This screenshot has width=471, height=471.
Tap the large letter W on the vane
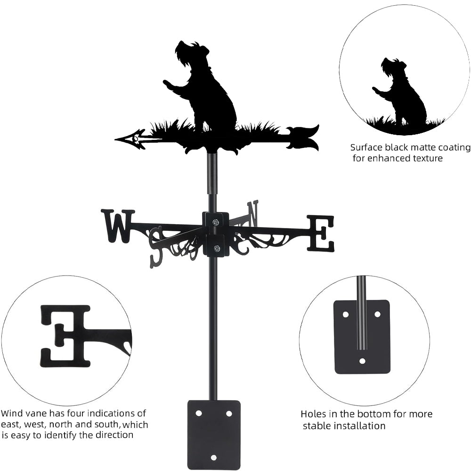click(x=117, y=226)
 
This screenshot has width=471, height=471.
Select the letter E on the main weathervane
click(x=321, y=233)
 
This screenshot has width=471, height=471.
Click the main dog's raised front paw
click(x=167, y=84)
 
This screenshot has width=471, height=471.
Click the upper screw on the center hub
click(x=215, y=222)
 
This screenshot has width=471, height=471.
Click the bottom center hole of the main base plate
click(x=213, y=457)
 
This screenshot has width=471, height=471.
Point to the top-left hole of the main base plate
click(x=199, y=413)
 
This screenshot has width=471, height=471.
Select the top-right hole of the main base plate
click(x=229, y=413)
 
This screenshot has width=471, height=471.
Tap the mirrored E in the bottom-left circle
click(x=66, y=335)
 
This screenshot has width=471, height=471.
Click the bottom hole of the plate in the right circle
click(x=362, y=361)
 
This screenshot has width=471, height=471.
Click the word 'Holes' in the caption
click(x=313, y=414)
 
